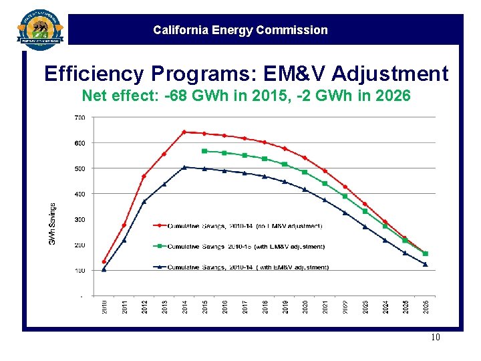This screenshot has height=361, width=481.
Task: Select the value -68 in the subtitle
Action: [x=176, y=96]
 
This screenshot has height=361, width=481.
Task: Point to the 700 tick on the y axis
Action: [x=79, y=118]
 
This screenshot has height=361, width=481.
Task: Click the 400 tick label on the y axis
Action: [x=79, y=194]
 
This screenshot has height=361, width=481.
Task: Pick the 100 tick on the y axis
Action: [x=79, y=271]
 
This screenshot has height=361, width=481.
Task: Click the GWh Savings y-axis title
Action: [x=53, y=223]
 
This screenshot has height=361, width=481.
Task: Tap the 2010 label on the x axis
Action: [x=104, y=307]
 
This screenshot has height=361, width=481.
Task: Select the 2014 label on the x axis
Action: [x=184, y=307]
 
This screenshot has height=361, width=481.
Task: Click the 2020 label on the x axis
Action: [x=305, y=307]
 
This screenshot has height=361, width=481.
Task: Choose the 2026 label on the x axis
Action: [x=426, y=307]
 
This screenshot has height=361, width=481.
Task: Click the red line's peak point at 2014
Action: [x=184, y=132]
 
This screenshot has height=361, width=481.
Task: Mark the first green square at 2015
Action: [x=204, y=151]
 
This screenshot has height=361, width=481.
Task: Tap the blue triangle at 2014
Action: [x=184, y=167]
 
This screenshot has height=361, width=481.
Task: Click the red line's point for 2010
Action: [x=104, y=261]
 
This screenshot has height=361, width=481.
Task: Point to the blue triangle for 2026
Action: [x=426, y=265]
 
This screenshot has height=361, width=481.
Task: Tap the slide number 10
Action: [x=436, y=338]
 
